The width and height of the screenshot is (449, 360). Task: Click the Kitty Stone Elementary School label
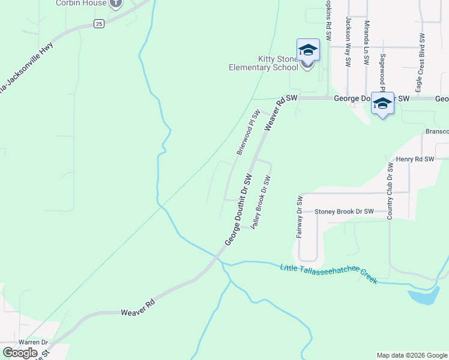click(263, 63)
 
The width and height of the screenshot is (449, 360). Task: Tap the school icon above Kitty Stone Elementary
click(307, 50)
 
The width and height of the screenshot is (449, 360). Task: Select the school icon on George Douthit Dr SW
click(382, 103)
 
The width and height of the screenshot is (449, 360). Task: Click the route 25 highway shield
click(99, 23)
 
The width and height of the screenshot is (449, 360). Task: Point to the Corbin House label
click(81, 3)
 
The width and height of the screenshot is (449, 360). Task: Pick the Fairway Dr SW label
click(299, 216)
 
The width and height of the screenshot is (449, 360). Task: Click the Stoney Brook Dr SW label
click(344, 212)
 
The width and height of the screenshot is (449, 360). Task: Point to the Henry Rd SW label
click(415, 159)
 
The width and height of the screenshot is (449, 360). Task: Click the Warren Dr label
click(32, 343)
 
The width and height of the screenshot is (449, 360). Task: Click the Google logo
click(20, 353)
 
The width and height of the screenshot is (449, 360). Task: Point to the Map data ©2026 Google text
click(412, 355)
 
